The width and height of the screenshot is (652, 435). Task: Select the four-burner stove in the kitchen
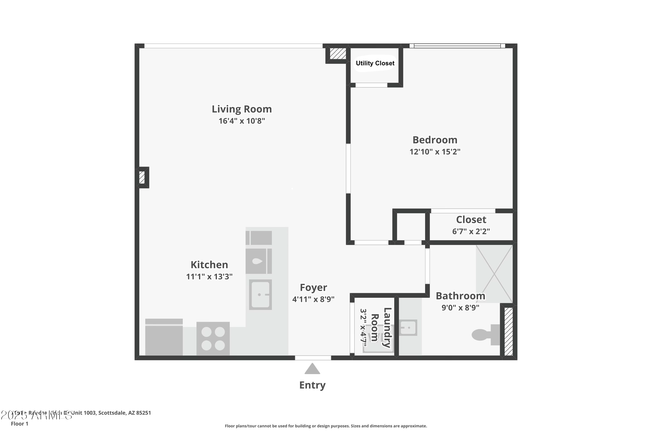[x=213, y=338]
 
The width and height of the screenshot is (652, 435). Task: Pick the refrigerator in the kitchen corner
[x=164, y=337]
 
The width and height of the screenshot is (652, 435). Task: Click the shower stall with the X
[x=494, y=274]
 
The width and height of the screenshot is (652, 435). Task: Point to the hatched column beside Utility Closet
[x=338, y=54]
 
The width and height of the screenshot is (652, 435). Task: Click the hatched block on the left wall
[x=142, y=177]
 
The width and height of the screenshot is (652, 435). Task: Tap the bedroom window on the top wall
[x=457, y=46]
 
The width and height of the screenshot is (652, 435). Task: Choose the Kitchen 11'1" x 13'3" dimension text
[x=209, y=277]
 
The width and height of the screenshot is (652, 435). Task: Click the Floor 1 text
[x=19, y=424]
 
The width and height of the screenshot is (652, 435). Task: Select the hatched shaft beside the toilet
[x=508, y=331]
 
